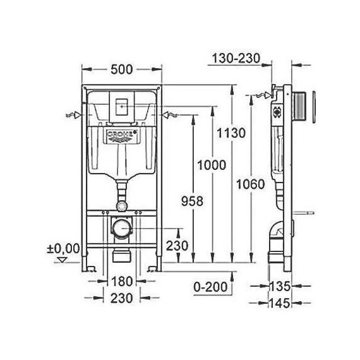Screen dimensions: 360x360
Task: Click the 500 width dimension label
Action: [122, 69]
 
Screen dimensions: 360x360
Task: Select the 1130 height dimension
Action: [231, 133]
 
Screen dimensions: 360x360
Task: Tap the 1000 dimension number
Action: [212, 165]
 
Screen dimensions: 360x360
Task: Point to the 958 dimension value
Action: [193, 201]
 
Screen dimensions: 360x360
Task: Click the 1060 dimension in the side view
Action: [251, 184]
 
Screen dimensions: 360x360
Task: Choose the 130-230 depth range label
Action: [236, 58]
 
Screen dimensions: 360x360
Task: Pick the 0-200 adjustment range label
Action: [210, 287]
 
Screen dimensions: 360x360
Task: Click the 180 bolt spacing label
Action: [122, 281]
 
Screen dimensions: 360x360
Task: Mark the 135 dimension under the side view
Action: [280, 286]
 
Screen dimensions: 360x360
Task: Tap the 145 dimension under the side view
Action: [280, 303]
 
